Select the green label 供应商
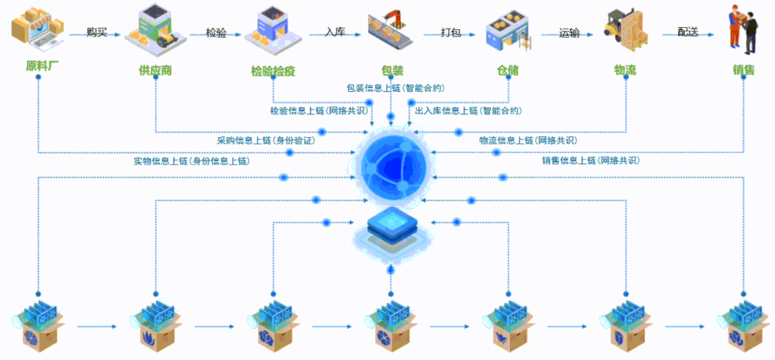155,71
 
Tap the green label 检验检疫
272,71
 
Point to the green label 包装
392,71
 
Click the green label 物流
625,71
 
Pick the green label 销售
744,71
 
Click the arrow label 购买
97,32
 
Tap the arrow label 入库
335,32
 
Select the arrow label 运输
569,32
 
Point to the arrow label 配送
687,32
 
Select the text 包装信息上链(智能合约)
396,87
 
